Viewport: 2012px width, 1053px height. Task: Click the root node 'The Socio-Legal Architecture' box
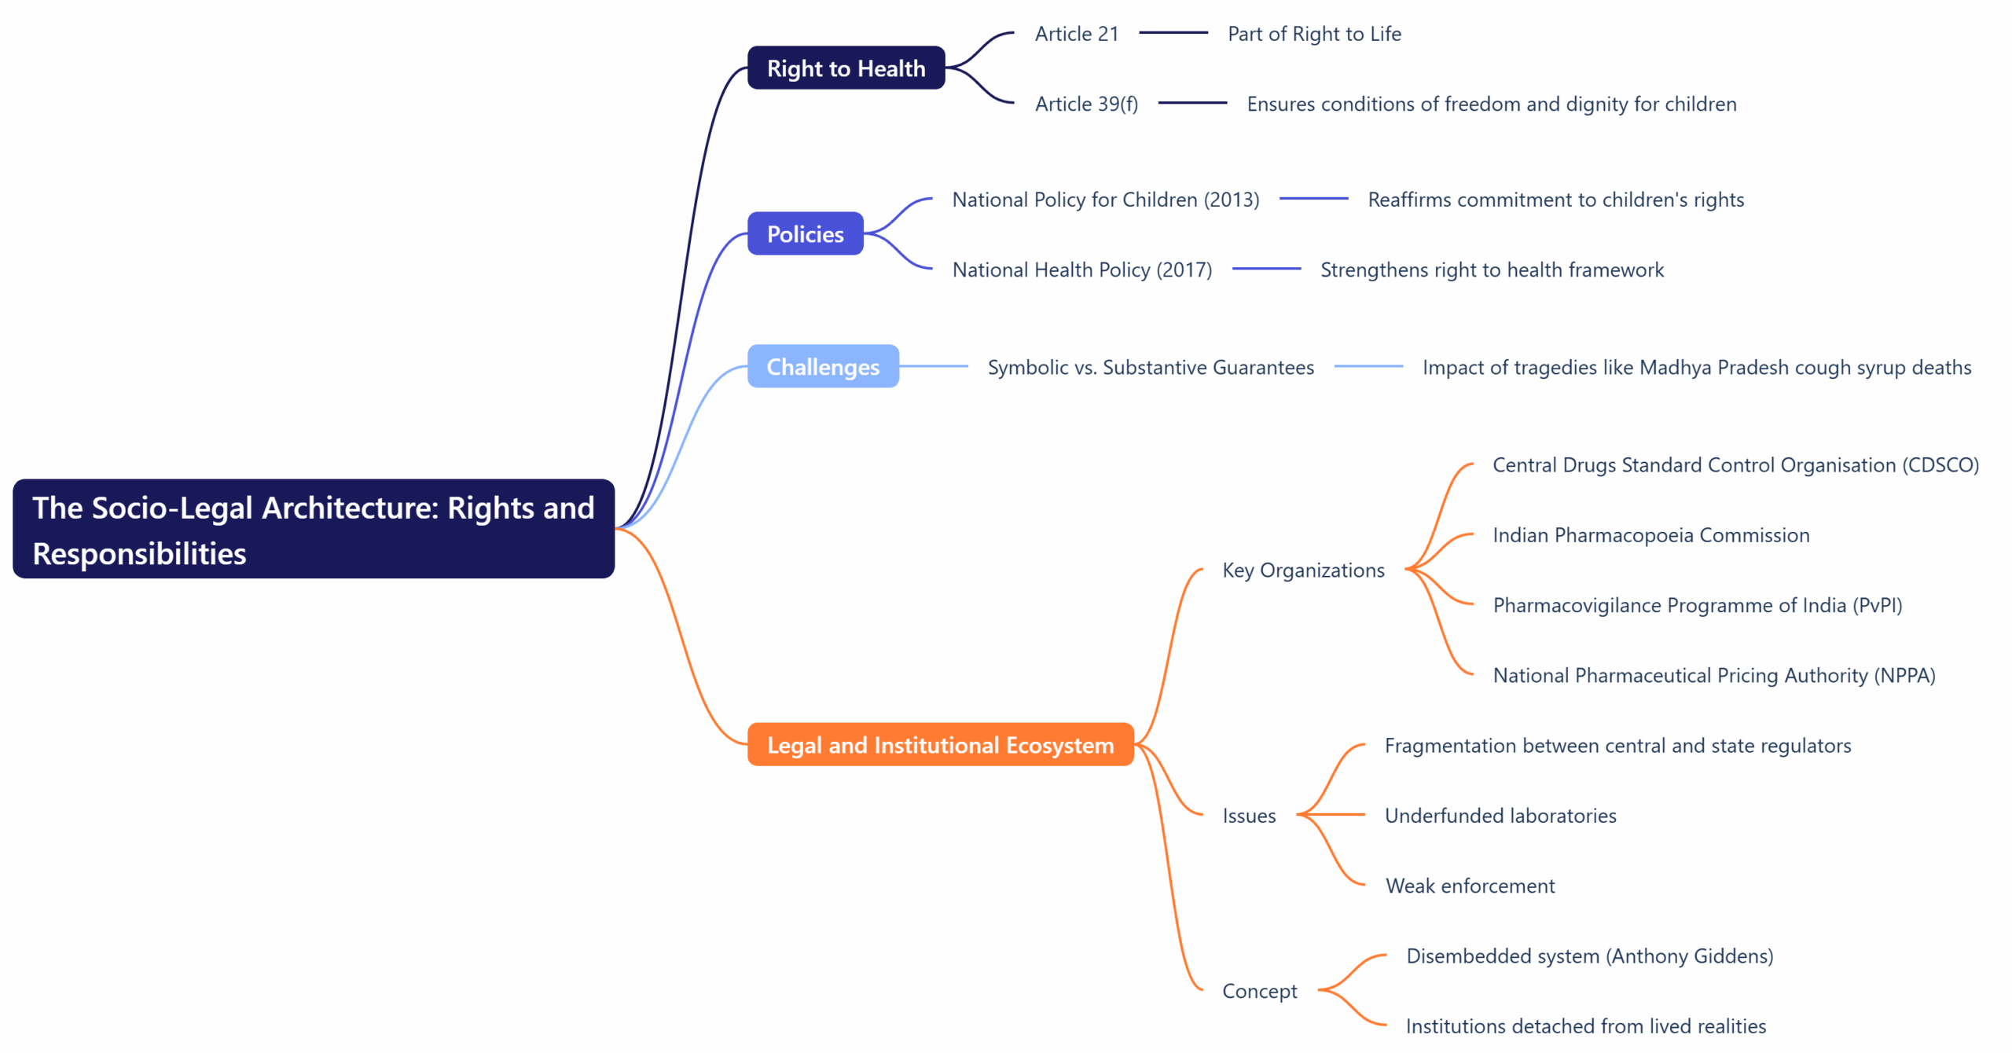(x=313, y=529)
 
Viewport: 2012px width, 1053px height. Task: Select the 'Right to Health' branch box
(x=846, y=68)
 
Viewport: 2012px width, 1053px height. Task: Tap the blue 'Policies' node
(x=805, y=234)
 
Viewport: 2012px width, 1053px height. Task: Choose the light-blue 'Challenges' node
(x=822, y=367)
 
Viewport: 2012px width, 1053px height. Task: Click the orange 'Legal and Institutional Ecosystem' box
(x=940, y=745)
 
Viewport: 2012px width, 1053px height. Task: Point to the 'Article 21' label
(x=1076, y=34)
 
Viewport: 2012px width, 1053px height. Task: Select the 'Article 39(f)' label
(x=1086, y=104)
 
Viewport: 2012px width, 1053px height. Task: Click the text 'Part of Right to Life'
(x=1314, y=34)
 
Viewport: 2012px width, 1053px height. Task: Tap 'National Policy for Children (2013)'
(x=1105, y=200)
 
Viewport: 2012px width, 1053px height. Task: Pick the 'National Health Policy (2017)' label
(x=1081, y=270)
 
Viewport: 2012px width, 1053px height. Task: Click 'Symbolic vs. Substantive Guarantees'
(x=1150, y=367)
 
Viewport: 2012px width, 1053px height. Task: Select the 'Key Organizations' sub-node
(x=1303, y=570)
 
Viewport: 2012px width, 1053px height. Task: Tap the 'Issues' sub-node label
(x=1249, y=816)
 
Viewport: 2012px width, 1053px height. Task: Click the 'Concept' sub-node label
(x=1259, y=991)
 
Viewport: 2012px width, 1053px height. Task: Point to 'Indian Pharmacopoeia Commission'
(x=1650, y=535)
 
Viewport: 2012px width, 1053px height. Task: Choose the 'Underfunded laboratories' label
(x=1500, y=816)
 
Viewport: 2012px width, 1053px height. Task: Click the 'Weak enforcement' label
(x=1470, y=886)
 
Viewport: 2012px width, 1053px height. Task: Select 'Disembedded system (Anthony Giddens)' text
(x=1589, y=956)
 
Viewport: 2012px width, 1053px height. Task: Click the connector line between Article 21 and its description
(x=1173, y=33)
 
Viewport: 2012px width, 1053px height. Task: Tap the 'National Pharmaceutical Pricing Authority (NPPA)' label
(x=1713, y=675)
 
